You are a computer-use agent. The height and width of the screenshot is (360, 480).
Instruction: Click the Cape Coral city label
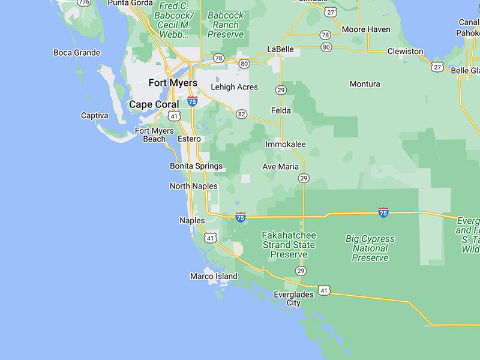pyautogui.click(x=154, y=104)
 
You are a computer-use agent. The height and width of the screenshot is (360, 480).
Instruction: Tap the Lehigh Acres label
pyautogui.click(x=234, y=87)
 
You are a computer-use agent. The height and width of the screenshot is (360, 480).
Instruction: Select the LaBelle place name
pyautogui.click(x=280, y=49)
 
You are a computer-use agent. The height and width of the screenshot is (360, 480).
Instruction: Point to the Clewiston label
pyautogui.click(x=405, y=52)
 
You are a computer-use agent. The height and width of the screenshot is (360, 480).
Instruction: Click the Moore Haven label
pyautogui.click(x=366, y=29)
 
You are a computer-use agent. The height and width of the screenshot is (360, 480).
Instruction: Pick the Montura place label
pyautogui.click(x=365, y=84)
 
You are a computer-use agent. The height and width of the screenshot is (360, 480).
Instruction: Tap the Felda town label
pyautogui.click(x=281, y=110)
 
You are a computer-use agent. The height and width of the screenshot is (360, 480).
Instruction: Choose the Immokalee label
pyautogui.click(x=286, y=145)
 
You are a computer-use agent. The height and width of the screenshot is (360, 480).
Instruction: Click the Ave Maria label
pyautogui.click(x=280, y=167)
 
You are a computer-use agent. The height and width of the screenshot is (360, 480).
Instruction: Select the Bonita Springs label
pyautogui.click(x=196, y=166)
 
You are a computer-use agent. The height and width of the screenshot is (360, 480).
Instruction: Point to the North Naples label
pyautogui.click(x=193, y=186)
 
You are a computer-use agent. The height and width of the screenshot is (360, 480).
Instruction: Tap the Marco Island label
pyautogui.click(x=214, y=277)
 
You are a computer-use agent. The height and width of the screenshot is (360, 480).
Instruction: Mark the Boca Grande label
pyautogui.click(x=77, y=53)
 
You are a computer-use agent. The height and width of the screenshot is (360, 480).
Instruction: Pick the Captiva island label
pyautogui.click(x=95, y=115)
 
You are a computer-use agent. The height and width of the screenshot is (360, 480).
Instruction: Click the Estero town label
pyautogui.click(x=189, y=139)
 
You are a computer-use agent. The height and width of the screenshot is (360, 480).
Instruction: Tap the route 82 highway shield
pyautogui.click(x=241, y=114)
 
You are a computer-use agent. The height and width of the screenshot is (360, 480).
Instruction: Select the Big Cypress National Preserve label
pyautogui.click(x=370, y=248)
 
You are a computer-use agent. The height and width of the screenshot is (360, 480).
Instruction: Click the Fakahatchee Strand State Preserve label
pyautogui.click(x=289, y=245)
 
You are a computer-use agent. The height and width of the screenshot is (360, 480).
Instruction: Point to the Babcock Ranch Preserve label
pyautogui.click(x=226, y=25)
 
